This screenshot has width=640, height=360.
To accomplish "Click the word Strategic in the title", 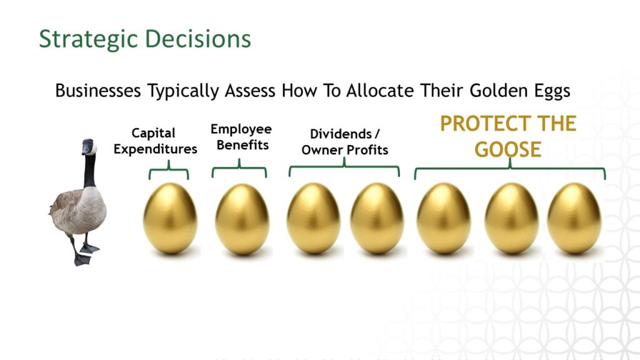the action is (88, 39).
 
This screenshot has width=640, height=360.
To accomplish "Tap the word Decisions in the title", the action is (198, 39).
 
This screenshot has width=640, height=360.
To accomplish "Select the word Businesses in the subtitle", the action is (98, 90).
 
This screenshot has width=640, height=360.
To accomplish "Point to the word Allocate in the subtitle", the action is (379, 90).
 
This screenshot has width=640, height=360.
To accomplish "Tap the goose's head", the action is (89, 146).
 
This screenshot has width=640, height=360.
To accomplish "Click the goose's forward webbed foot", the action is (82, 259).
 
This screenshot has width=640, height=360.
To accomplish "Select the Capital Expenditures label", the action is (155, 141).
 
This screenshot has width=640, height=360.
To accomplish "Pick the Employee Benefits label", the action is (241, 137).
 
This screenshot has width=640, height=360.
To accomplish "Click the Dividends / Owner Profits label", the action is (345, 142).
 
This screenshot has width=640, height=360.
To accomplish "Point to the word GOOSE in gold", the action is (507, 149).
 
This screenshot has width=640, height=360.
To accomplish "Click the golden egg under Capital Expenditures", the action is (170, 218).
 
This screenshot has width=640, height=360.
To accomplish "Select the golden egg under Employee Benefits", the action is (242, 219).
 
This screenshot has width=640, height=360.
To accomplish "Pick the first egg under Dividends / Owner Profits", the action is (314, 218).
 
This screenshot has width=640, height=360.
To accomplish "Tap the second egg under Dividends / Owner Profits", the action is (377, 218).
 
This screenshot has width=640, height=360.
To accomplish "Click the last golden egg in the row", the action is (574, 218).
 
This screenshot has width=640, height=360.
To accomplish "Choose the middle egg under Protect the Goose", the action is (512, 218).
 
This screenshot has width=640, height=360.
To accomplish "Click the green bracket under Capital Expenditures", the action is (169, 169).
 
